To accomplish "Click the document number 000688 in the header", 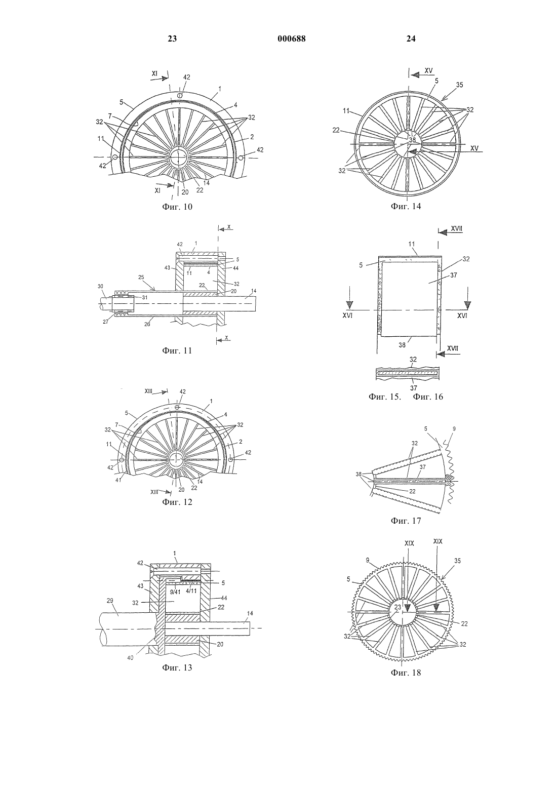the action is coord(292,39).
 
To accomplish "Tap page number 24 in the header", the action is coord(411,39).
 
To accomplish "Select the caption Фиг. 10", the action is coord(177,207).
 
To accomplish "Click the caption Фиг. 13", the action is coord(177,667).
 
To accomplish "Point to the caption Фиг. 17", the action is coord(406,520).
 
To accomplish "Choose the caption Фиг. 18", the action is coord(406,672).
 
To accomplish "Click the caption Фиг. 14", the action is coord(406,206).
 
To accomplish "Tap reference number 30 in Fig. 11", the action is coord(101,286).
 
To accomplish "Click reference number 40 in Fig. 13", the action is coord(130,657).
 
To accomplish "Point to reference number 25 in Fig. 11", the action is coord(141,277).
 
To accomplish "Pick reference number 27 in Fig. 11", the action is coord(105,321).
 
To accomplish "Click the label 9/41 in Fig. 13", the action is coord(175,592).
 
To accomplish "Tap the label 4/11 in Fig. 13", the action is coord(191,592).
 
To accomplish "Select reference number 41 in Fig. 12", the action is coord(118,480).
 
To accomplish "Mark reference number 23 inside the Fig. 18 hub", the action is coord(397,607).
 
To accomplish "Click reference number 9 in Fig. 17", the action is coord(454,429).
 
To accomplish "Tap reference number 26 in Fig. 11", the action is coord(147,324).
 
